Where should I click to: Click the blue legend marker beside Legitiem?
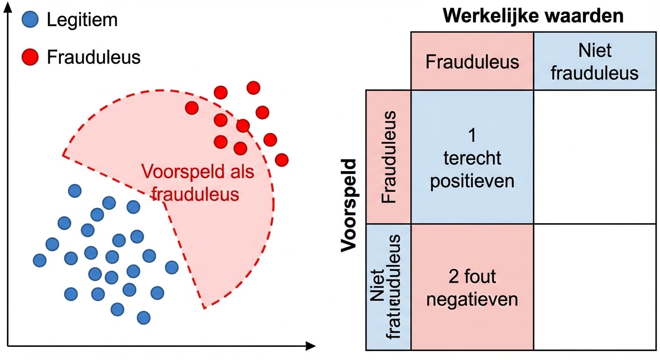coord(30,20)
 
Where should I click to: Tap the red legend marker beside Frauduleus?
coord(30,57)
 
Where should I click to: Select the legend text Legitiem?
coord(82,20)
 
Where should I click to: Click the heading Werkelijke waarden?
coord(533,16)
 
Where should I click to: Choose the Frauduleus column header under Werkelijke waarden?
coord(472,62)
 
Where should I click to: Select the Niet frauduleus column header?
coord(594,62)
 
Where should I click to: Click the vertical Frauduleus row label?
coord(389,157)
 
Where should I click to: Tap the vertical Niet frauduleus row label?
coord(389,287)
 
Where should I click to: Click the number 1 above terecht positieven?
coord(472,135)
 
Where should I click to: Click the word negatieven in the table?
coord(472,299)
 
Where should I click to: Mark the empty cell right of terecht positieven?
coord(594,157)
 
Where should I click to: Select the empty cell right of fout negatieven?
coord(594,287)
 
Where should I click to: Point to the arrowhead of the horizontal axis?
coord(311,346)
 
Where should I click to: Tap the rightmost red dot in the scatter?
coord(282,160)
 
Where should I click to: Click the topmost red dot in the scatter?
coord(253,88)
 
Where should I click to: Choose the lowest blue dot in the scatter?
coord(143,317)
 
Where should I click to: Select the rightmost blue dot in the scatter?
coord(172,267)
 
